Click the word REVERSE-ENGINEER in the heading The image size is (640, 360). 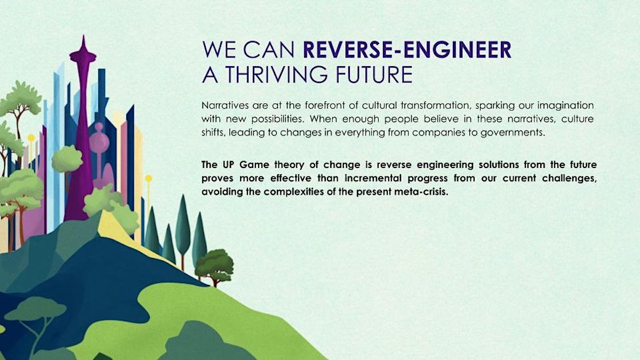pyautogui.click(x=407, y=50)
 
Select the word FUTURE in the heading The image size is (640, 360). pyautogui.click(x=374, y=74)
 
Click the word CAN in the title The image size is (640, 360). pyautogui.click(x=269, y=50)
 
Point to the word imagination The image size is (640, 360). pyautogui.click(x=565, y=106)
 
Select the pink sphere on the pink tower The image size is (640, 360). pyautogui.click(x=99, y=141)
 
